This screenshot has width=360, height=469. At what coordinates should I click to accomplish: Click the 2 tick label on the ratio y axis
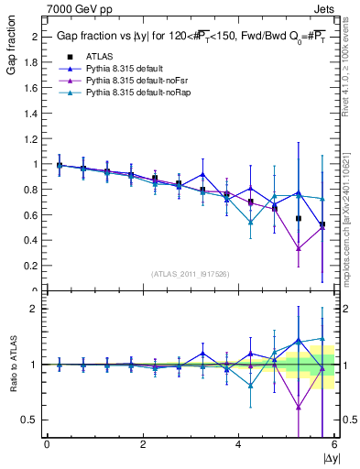coord(36,309)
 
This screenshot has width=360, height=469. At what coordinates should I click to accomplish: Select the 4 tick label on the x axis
coord(239,444)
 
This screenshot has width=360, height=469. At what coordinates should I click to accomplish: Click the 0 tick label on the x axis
coord(47,444)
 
